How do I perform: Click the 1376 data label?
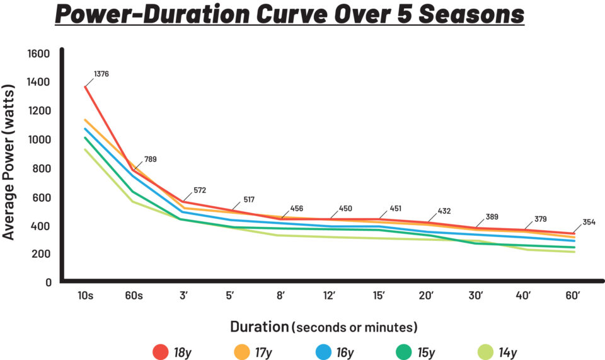(101, 74)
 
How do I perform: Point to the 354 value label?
(589, 223)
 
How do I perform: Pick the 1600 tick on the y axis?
(39, 54)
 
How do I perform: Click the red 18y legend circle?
(160, 352)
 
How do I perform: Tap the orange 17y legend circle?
(243, 352)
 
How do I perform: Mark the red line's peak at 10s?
(85, 86)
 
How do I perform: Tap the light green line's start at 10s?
(85, 149)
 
